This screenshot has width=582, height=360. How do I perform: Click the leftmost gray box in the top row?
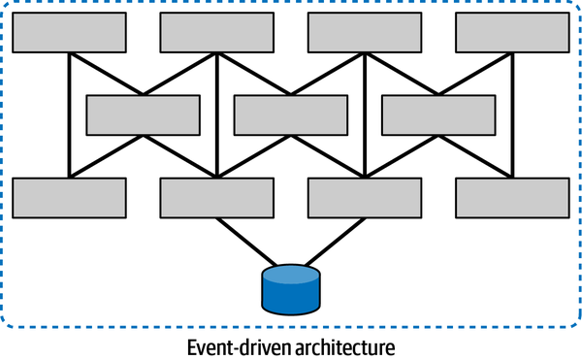69,32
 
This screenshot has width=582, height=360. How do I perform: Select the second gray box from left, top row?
215,32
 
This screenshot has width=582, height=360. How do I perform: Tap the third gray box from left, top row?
364,32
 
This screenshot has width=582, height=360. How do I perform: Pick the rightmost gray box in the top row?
511,32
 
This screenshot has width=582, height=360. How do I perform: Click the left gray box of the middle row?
143,115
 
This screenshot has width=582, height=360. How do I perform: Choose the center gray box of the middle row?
290,115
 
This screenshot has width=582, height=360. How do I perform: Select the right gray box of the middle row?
437,115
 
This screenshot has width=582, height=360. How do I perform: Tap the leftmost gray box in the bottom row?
69,197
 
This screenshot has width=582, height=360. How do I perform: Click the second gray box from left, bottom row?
215,197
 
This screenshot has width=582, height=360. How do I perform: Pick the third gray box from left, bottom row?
364,197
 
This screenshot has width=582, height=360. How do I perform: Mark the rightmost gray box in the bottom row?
511,197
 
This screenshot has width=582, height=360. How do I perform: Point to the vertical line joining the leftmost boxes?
69,115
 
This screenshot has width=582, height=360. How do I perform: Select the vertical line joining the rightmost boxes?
511,115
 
